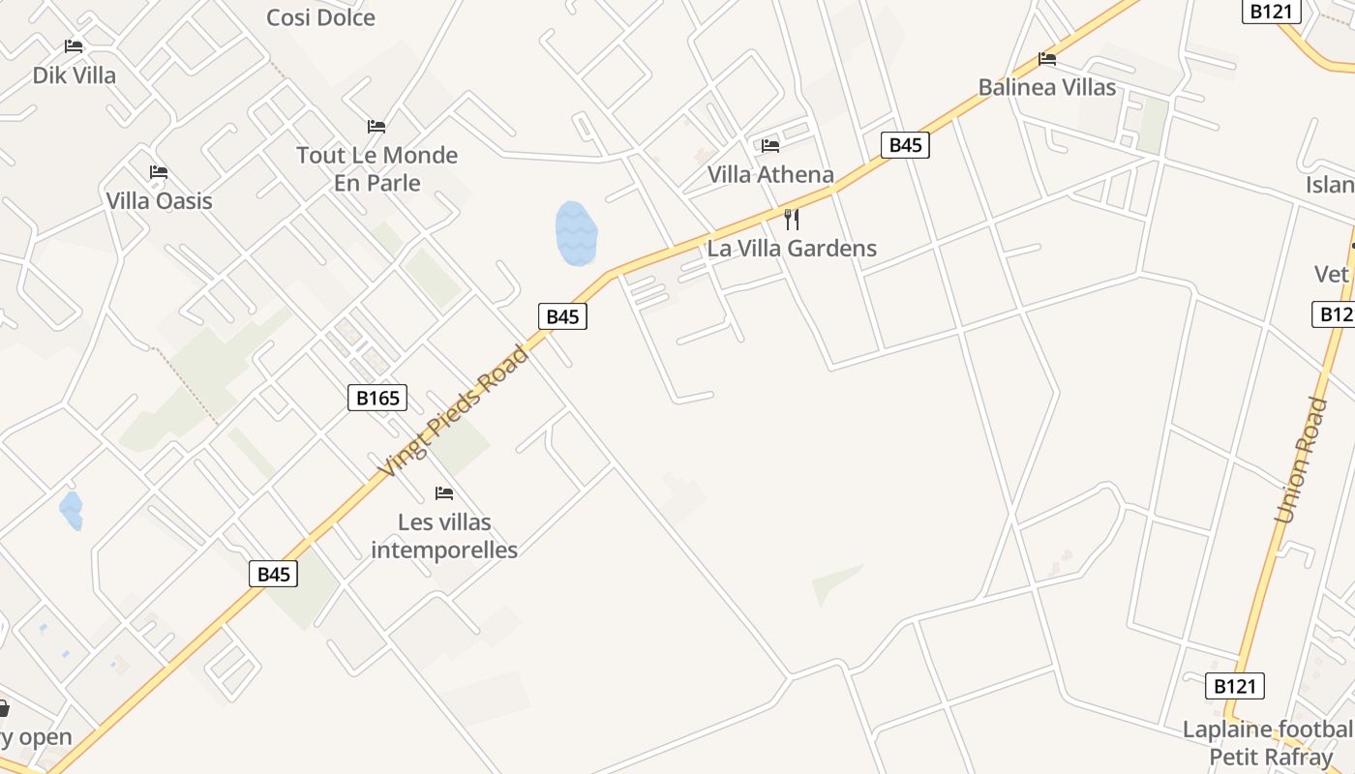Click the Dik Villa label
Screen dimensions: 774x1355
point(75,75)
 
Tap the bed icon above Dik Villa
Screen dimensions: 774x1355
point(74,46)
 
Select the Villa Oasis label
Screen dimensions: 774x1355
point(159,201)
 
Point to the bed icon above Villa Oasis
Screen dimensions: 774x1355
point(159,173)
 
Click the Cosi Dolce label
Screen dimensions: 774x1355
point(320,17)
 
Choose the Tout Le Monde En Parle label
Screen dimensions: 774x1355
point(376,168)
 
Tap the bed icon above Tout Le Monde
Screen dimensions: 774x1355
point(376,127)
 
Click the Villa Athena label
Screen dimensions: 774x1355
point(770,174)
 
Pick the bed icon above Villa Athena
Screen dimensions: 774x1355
point(770,146)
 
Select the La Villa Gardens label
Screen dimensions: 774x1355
point(792,248)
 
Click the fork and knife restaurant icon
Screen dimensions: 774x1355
point(792,220)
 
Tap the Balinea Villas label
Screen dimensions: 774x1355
point(1047,87)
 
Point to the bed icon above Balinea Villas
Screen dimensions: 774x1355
point(1047,59)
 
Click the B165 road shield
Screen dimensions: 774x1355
point(377,398)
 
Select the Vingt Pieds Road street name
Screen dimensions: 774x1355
point(455,411)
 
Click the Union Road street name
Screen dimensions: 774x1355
point(1301,461)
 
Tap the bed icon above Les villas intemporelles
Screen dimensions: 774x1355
point(444,493)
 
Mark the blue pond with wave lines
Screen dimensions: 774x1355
point(576,233)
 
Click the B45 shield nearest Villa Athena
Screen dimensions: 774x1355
point(905,145)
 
